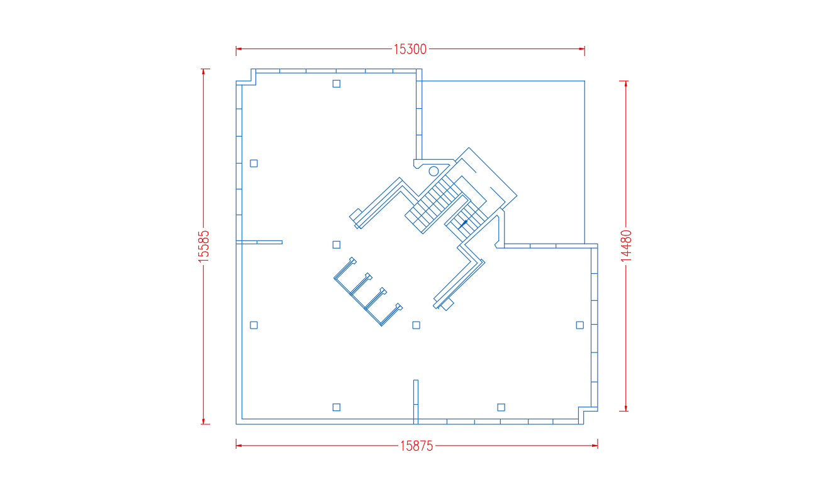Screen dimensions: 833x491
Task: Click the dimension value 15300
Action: [410, 49]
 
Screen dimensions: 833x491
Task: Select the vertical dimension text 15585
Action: [203, 246]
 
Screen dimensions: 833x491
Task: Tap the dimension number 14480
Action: [626, 246]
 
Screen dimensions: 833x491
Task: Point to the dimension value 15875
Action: [416, 446]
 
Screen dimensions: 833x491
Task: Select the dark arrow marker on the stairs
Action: [463, 224]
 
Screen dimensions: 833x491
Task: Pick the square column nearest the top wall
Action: [337, 84]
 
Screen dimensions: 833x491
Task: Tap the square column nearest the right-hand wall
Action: [579, 325]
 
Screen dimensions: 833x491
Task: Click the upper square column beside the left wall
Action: [254, 163]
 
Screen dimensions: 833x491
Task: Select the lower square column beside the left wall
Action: [254, 325]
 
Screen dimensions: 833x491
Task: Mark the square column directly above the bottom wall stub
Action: [416, 325]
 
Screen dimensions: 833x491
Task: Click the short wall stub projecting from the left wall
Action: [259, 242]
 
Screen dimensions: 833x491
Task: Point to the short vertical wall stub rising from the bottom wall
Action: [416, 402]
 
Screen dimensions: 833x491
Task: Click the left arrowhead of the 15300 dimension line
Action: [238, 48]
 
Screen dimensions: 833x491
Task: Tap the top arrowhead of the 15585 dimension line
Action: [203, 72]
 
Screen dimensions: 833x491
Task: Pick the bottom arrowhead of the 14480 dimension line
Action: [626, 408]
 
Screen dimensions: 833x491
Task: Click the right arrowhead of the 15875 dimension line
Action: [595, 445]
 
